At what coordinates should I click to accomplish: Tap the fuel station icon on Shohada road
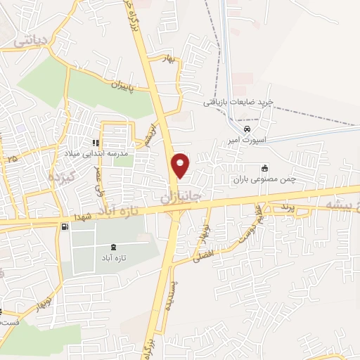click(x=65, y=226)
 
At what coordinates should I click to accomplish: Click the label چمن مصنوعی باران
click(x=264, y=179)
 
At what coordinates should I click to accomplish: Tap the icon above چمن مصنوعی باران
click(x=264, y=169)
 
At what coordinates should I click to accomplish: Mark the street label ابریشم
click(x=148, y=137)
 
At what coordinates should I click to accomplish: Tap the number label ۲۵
click(x=11, y=160)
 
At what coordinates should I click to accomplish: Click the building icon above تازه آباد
click(x=115, y=247)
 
